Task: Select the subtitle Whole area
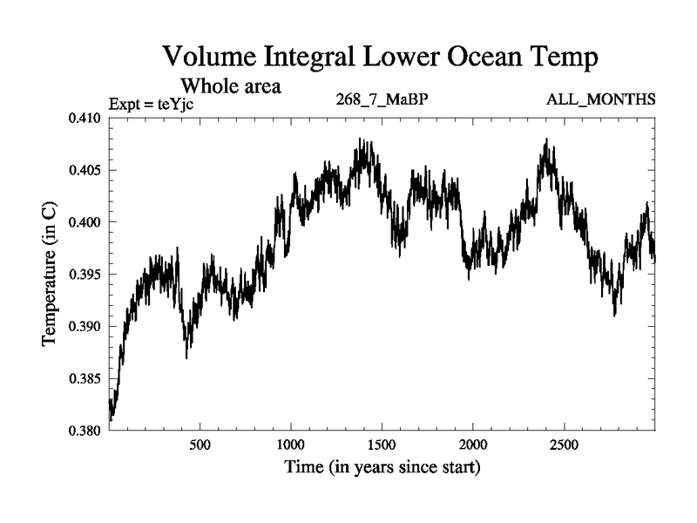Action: coord(230,86)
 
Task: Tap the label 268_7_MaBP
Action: coord(382,99)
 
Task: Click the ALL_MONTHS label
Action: coord(601,99)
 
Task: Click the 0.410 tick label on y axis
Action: coord(85,118)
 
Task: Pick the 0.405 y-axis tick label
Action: coord(85,170)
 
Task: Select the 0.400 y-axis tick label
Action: coord(85,222)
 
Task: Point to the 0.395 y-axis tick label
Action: coord(85,275)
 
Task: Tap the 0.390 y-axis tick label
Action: coord(85,327)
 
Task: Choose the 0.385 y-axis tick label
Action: coord(85,379)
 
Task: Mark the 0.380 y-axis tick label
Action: coord(85,431)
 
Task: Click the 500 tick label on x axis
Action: coord(200,443)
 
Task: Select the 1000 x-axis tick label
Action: coord(291,443)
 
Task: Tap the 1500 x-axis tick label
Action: coord(382,443)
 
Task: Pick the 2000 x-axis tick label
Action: coord(472,443)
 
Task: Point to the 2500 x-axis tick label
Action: coord(563,443)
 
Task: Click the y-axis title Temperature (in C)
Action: coord(51,275)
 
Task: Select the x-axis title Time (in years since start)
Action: coord(382,467)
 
